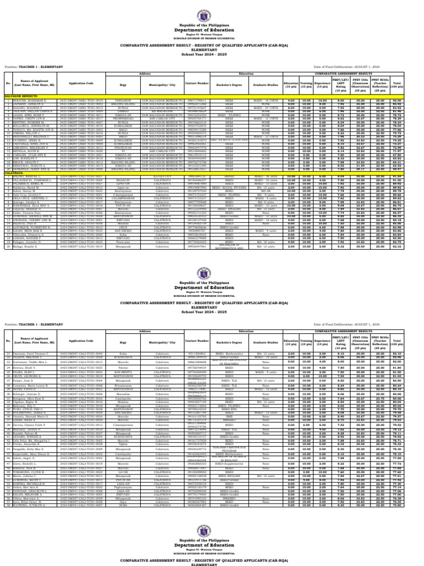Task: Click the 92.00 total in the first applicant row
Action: (411, 100)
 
